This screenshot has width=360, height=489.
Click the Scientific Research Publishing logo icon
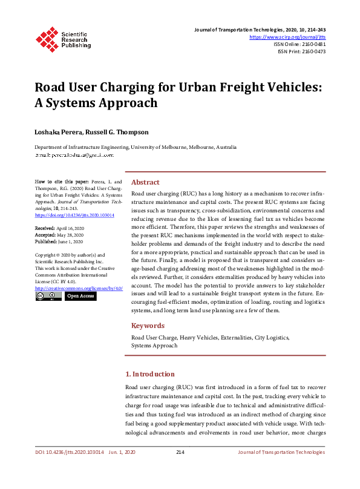47,38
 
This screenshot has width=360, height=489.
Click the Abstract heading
145,182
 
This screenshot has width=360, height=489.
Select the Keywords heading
148,326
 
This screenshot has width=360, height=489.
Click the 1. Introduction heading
149,374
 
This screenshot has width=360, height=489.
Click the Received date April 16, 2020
71,228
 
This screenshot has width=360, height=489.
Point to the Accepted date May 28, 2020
71,234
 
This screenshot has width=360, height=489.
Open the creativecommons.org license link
79,288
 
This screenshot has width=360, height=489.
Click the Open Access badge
80,297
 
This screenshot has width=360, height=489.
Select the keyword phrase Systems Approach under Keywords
154,346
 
